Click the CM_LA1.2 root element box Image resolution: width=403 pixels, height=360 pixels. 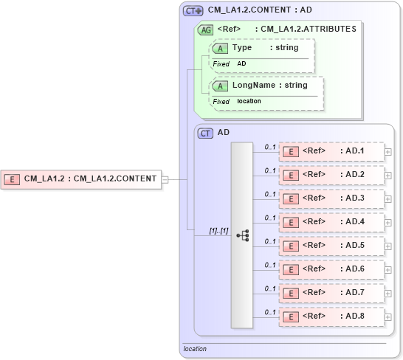[82, 179]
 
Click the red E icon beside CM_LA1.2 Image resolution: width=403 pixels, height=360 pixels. [12, 179]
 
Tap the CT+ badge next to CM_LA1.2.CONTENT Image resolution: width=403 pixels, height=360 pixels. [193, 10]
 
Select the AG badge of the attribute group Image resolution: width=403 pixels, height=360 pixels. [204, 30]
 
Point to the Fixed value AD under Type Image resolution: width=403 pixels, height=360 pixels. [242, 64]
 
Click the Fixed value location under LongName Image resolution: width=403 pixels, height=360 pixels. [249, 101]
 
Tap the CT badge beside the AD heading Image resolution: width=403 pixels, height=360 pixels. [205, 133]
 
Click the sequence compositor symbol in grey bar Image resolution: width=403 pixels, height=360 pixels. [242, 235]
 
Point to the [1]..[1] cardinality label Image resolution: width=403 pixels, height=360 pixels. [218, 231]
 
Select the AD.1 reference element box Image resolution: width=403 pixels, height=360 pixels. [331, 151]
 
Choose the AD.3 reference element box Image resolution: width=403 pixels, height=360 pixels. [331, 198]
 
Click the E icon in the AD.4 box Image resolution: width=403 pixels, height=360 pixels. [292, 222]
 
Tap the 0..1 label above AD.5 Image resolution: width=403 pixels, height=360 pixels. [270, 241]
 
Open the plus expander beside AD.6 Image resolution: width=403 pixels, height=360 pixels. [387, 270]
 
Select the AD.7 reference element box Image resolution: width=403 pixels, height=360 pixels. [331, 293]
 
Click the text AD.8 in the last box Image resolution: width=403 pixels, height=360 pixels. [355, 316]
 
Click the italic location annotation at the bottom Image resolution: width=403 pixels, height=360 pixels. [195, 349]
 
